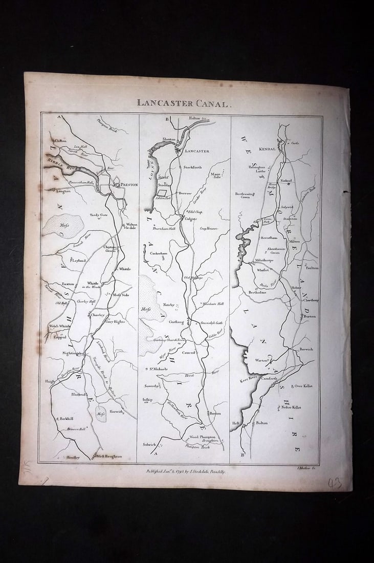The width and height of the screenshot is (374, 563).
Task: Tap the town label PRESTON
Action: click(x=128, y=185)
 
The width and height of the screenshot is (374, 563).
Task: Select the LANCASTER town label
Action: click(x=197, y=151)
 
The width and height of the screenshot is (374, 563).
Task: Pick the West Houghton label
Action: click(x=109, y=456)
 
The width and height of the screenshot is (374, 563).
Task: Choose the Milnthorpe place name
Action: click(x=265, y=259)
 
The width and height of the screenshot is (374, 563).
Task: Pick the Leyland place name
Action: click(x=79, y=261)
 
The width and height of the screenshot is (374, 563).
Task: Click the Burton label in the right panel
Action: click(x=309, y=316)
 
